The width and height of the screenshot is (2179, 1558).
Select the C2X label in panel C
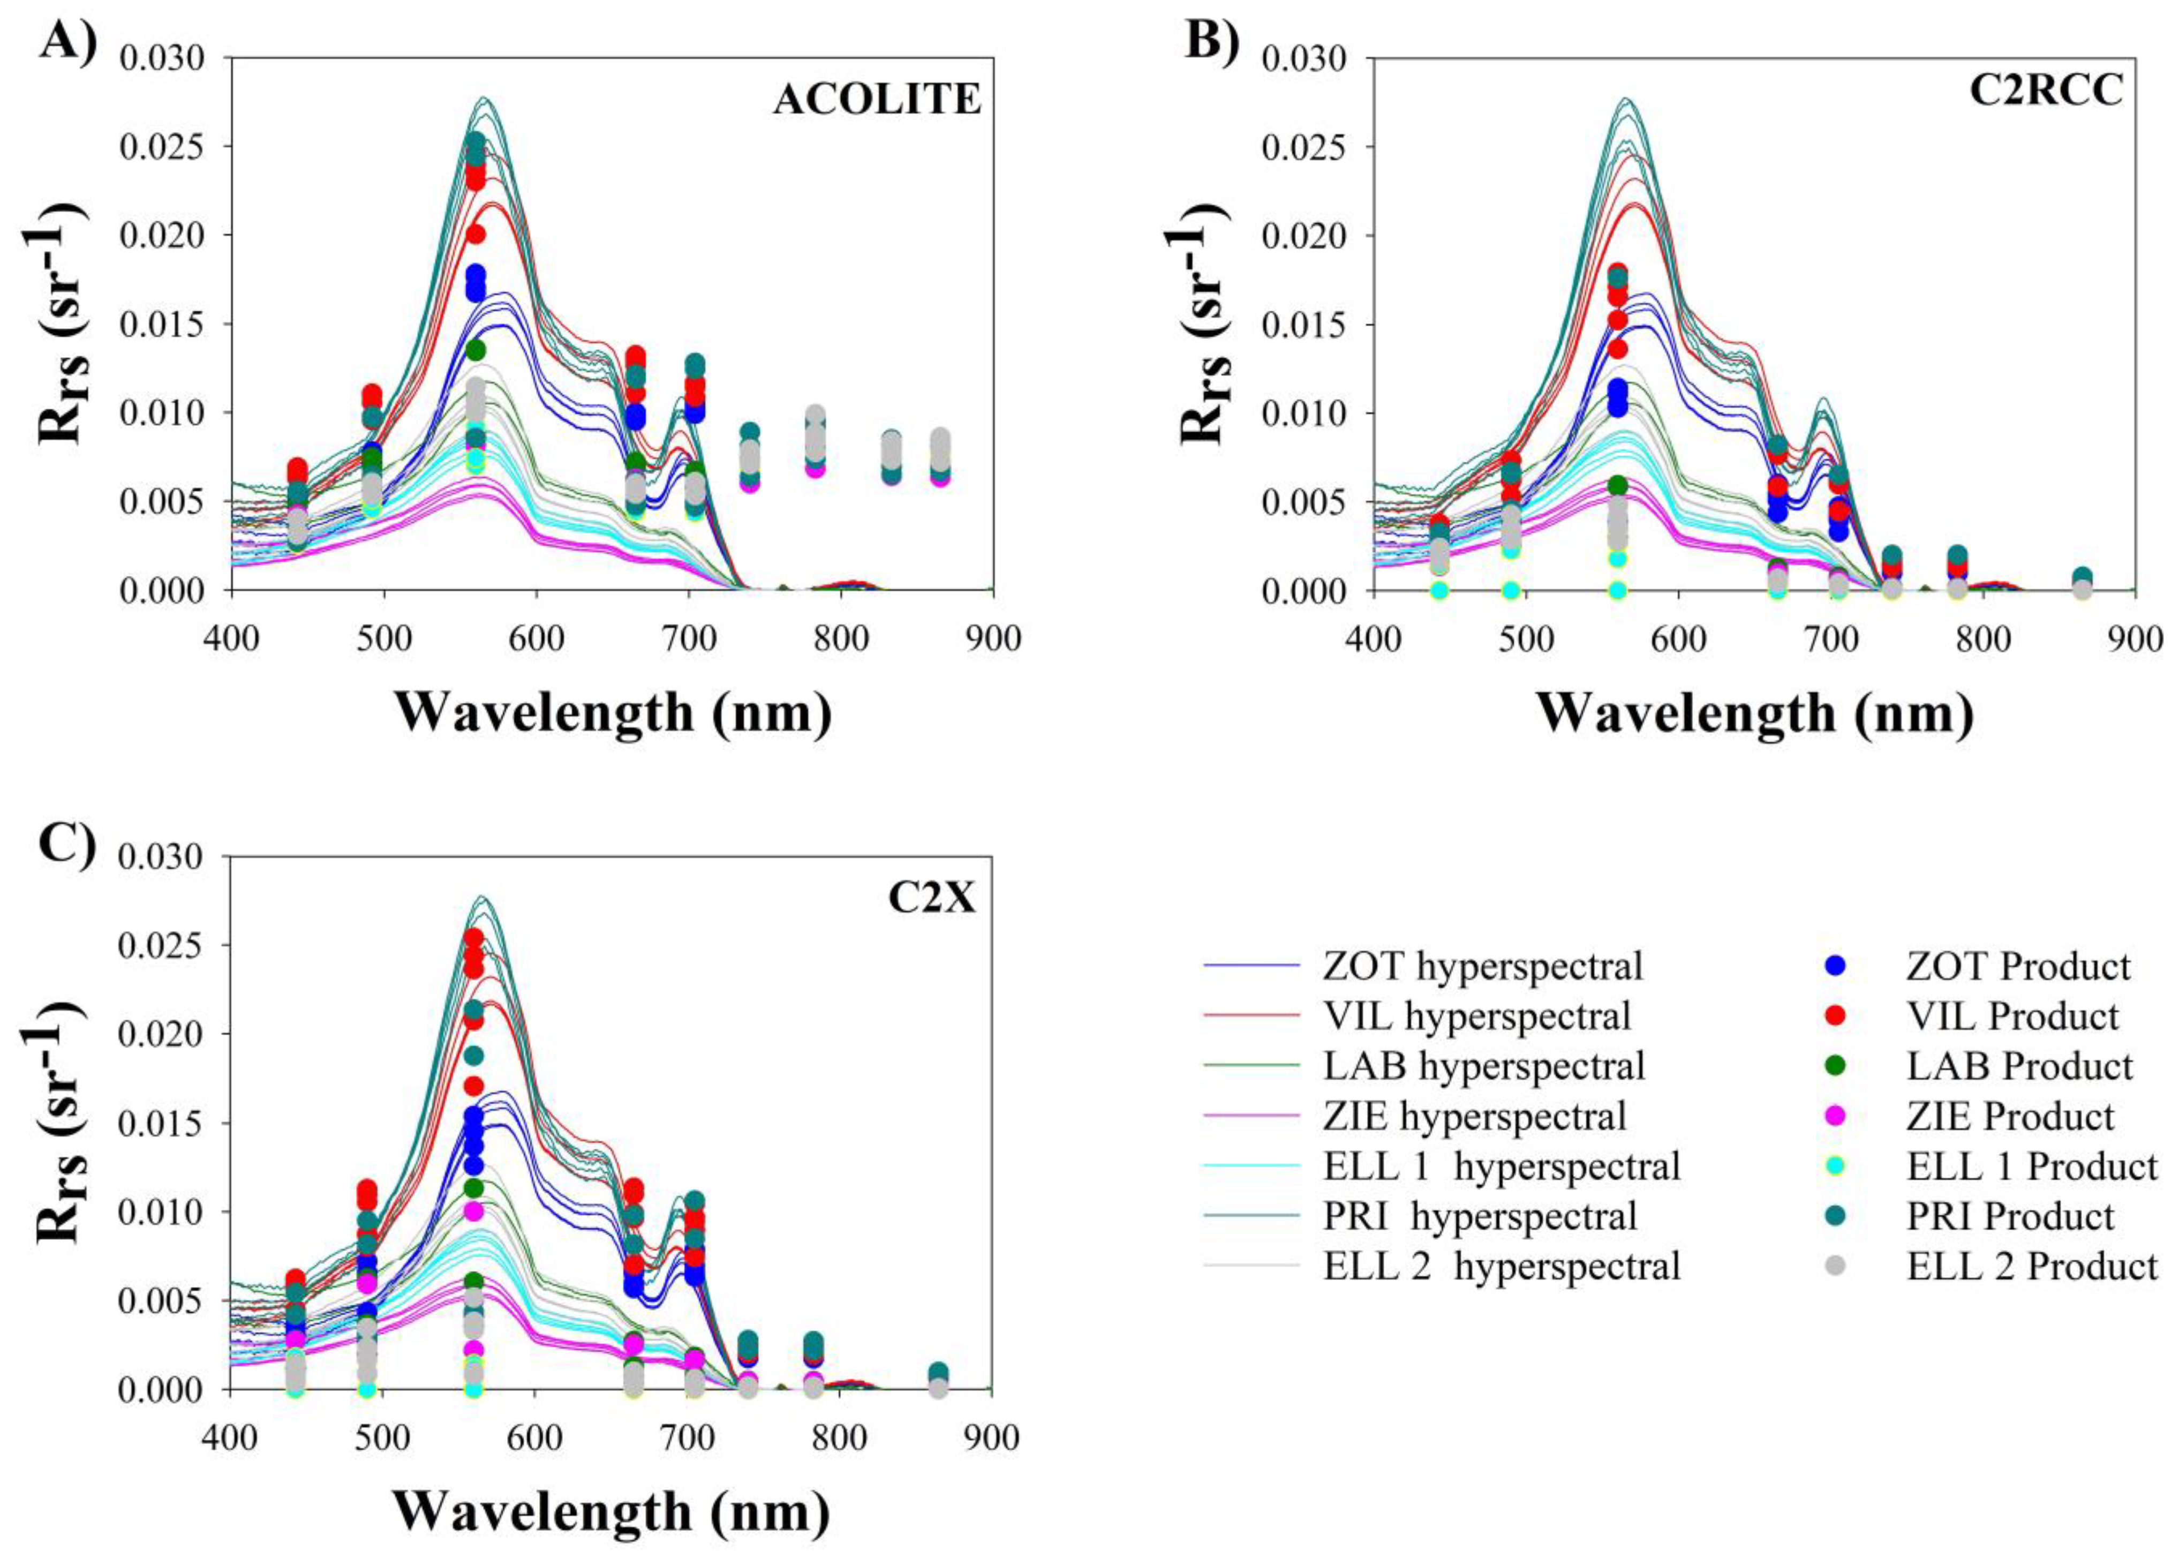point(931,898)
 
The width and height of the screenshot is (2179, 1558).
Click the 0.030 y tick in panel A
point(162,58)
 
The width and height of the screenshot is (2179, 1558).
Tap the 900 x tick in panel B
point(2135,639)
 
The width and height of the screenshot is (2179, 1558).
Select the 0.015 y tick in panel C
point(162,1124)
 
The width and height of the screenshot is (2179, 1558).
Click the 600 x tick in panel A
point(535,639)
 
